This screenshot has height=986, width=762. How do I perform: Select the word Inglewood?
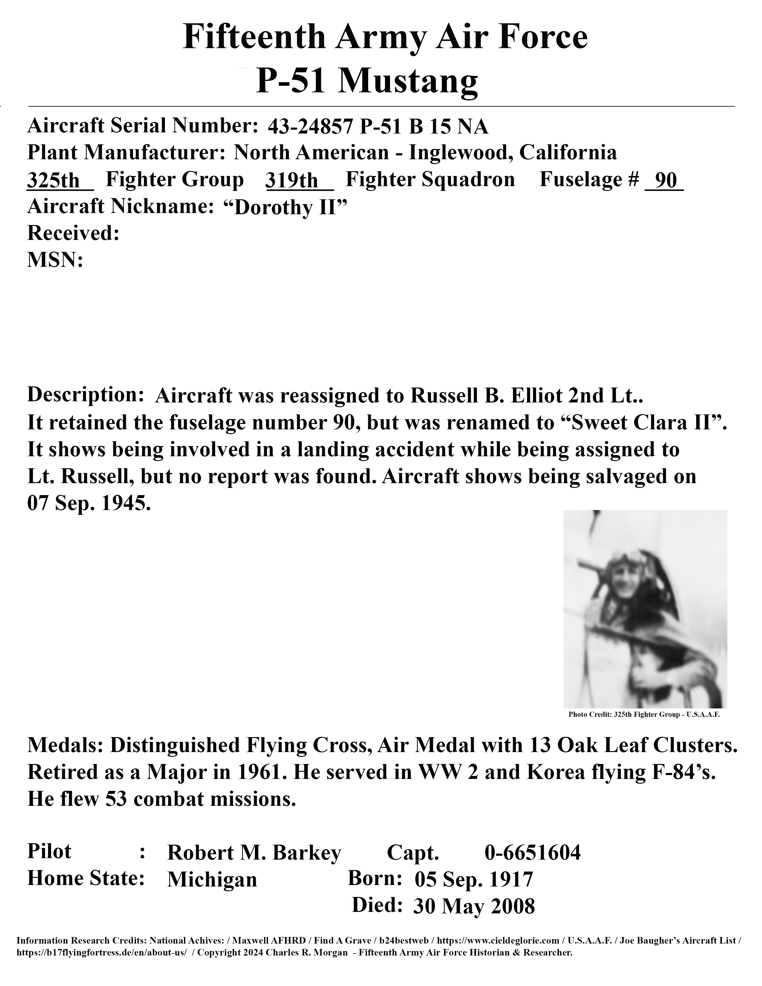[460, 153]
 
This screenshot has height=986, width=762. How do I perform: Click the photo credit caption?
[644, 715]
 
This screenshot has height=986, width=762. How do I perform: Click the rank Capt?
[413, 853]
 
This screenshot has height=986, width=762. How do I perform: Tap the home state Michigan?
[212, 879]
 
